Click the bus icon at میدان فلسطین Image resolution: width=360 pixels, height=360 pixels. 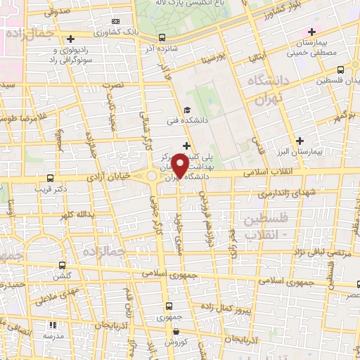pos(341,69)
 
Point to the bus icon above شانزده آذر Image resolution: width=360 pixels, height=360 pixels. pos(163,37)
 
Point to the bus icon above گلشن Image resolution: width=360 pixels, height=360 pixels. pos(63,266)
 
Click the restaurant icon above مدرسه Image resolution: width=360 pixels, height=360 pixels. pos(51,326)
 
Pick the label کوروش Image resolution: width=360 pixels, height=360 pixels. pos(173,341)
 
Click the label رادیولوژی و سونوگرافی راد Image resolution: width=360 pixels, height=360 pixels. pos(69,53)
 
